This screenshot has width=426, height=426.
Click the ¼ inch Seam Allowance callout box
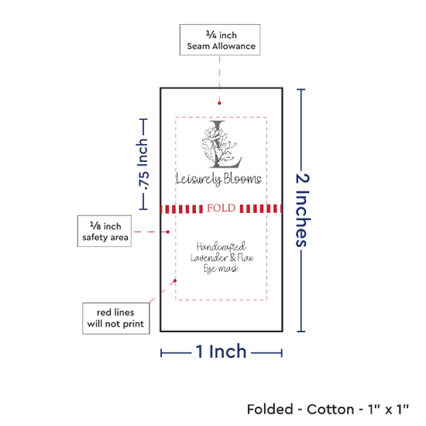tap(220, 40)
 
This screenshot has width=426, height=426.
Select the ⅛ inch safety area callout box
tap(105, 232)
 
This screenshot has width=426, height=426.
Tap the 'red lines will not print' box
tap(116, 318)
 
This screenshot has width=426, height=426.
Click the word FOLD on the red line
tap(222, 208)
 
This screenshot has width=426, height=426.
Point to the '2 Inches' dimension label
tap(302, 210)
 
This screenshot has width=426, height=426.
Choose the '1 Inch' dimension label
tap(221, 352)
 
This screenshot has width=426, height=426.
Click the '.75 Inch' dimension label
tap(143, 164)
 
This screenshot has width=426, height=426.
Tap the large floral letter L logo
tap(222, 144)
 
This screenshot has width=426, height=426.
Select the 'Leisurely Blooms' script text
tap(218, 179)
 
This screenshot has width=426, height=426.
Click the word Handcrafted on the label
tap(222, 246)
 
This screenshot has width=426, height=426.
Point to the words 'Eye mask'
tap(221, 269)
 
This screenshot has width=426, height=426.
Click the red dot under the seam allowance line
tap(219, 103)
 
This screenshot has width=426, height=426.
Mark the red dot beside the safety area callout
tap(167, 232)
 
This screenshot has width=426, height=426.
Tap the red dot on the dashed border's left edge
tap(175, 280)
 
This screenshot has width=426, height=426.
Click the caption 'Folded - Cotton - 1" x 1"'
tap(328, 409)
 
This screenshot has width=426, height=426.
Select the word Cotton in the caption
tap(331, 409)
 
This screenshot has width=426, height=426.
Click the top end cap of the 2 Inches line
tap(301, 89)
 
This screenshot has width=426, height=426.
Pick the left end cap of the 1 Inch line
tap(161, 353)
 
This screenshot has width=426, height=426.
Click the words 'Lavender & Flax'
tap(222, 258)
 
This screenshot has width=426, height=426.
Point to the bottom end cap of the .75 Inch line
tap(143, 209)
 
